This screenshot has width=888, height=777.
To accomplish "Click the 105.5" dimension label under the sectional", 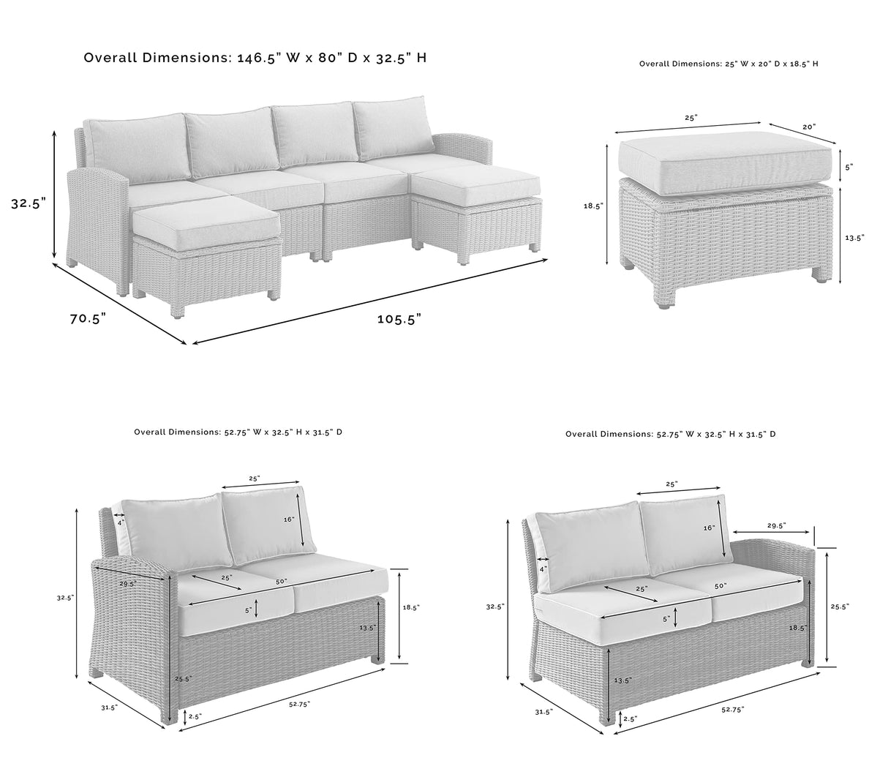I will pyautogui.click(x=399, y=318).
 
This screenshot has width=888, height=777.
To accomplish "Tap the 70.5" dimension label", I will pyautogui.click(x=88, y=318).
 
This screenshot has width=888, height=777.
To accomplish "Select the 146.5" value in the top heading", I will pyautogui.click(x=258, y=57).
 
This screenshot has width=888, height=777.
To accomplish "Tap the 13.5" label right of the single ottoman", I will pyautogui.click(x=854, y=237).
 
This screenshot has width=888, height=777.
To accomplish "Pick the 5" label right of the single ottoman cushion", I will pyautogui.click(x=849, y=167).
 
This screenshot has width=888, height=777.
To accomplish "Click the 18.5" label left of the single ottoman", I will pyautogui.click(x=593, y=206).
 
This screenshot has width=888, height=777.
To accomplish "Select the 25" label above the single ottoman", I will pyautogui.click(x=691, y=117).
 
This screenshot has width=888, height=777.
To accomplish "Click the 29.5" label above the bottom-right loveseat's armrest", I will pyautogui.click(x=776, y=525).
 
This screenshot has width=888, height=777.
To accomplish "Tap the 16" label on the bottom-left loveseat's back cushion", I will pyautogui.click(x=289, y=519).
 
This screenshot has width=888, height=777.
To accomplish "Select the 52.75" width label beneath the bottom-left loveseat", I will pyautogui.click(x=299, y=704).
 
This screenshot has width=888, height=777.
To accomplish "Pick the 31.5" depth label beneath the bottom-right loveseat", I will pyautogui.click(x=543, y=711).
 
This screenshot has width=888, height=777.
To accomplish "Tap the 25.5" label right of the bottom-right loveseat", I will pyautogui.click(x=840, y=607).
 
